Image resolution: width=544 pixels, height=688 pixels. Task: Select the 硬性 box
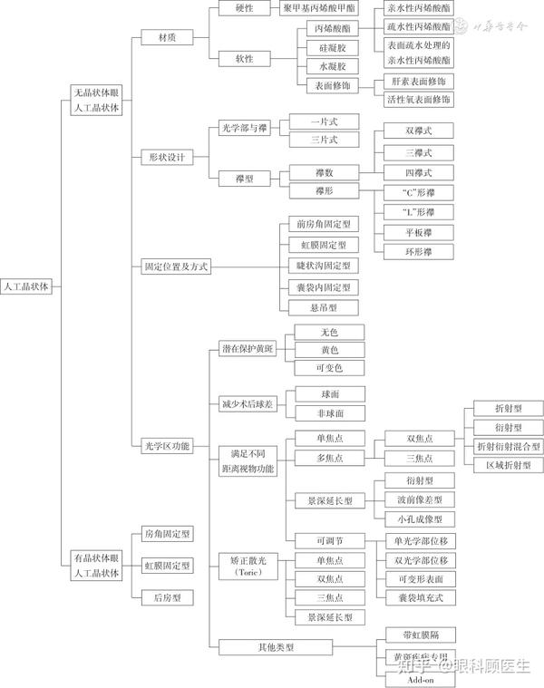[x=244, y=8]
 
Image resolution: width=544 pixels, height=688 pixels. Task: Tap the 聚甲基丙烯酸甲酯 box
[x=320, y=8]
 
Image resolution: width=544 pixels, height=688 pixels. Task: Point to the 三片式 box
[x=324, y=140]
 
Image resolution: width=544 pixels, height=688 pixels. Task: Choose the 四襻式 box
[x=418, y=172]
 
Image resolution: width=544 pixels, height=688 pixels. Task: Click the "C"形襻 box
[x=418, y=192]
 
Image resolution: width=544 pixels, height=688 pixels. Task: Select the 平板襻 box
[x=418, y=232]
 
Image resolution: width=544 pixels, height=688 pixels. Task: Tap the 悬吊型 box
[x=323, y=308]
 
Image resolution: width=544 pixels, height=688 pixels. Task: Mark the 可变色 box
[x=329, y=368]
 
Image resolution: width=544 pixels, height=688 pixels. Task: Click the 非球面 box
[x=329, y=413]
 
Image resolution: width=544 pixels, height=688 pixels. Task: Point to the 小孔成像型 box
[x=418, y=519]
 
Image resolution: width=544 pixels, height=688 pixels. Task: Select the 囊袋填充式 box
[x=418, y=598]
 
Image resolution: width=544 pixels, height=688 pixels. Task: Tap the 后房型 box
[x=167, y=597]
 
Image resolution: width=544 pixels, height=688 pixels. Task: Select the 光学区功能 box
[x=168, y=445]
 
